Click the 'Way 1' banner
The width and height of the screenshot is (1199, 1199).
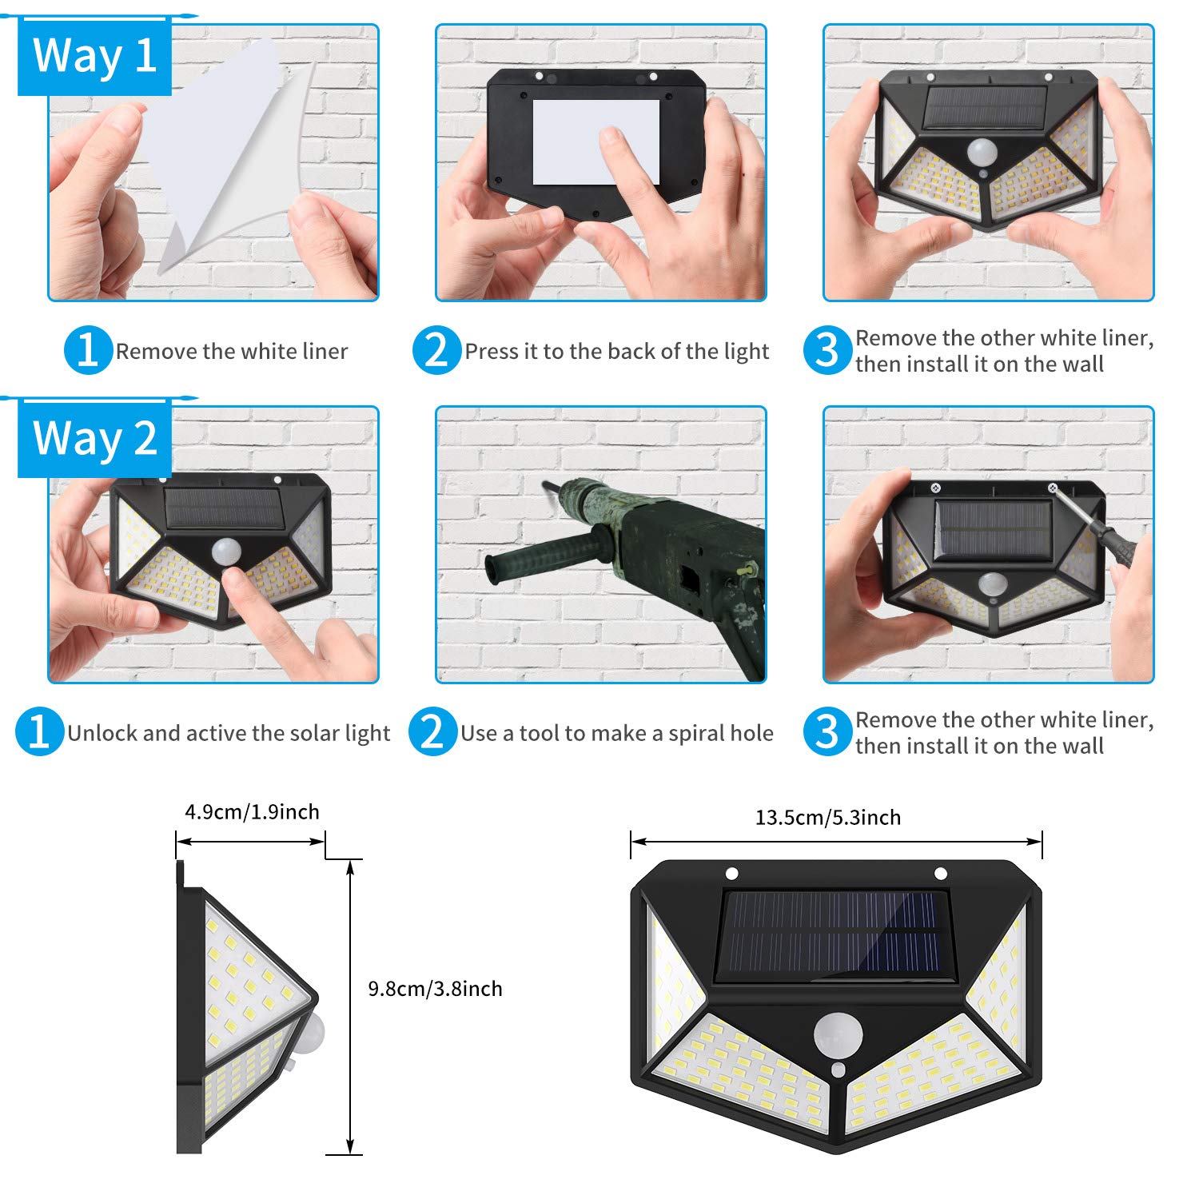(x=94, y=57)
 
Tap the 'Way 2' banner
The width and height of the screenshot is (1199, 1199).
(x=94, y=439)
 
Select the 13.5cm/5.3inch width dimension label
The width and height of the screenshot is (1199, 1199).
(x=828, y=818)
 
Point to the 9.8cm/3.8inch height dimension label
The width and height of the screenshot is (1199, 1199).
(x=435, y=989)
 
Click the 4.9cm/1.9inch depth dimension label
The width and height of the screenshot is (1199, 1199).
(x=252, y=812)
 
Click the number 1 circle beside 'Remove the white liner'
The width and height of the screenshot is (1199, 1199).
(x=88, y=350)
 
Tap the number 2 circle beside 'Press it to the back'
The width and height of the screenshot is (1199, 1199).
(x=436, y=350)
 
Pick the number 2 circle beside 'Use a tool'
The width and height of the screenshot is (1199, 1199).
(x=432, y=731)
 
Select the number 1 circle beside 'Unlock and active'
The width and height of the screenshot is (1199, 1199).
(x=39, y=731)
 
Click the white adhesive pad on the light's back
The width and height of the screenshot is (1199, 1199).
(x=596, y=142)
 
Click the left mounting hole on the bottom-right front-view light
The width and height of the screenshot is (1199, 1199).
(x=731, y=873)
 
